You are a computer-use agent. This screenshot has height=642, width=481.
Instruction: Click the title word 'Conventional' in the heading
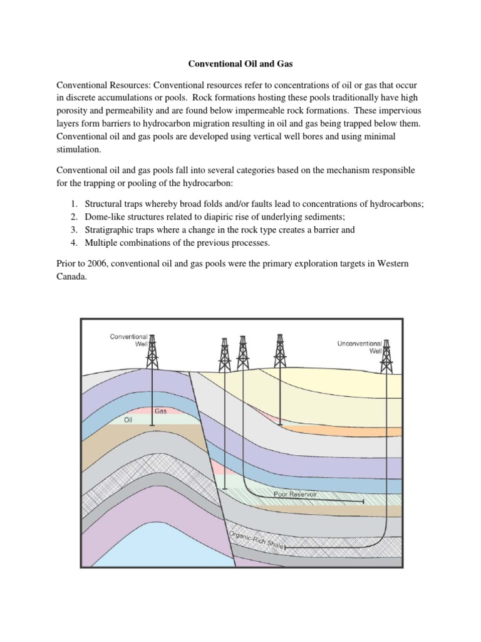(x=214, y=63)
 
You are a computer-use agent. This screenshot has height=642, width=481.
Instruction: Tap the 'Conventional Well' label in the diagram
(x=128, y=340)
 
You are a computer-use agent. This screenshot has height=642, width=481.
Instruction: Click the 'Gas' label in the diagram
(x=161, y=411)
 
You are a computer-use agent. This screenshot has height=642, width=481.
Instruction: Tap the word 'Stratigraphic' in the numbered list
(x=113, y=229)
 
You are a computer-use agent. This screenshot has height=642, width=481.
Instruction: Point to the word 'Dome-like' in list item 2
(x=105, y=217)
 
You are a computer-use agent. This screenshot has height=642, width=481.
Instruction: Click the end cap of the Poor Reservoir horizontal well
(x=363, y=502)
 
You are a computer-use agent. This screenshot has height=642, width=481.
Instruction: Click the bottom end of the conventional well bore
(x=152, y=427)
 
